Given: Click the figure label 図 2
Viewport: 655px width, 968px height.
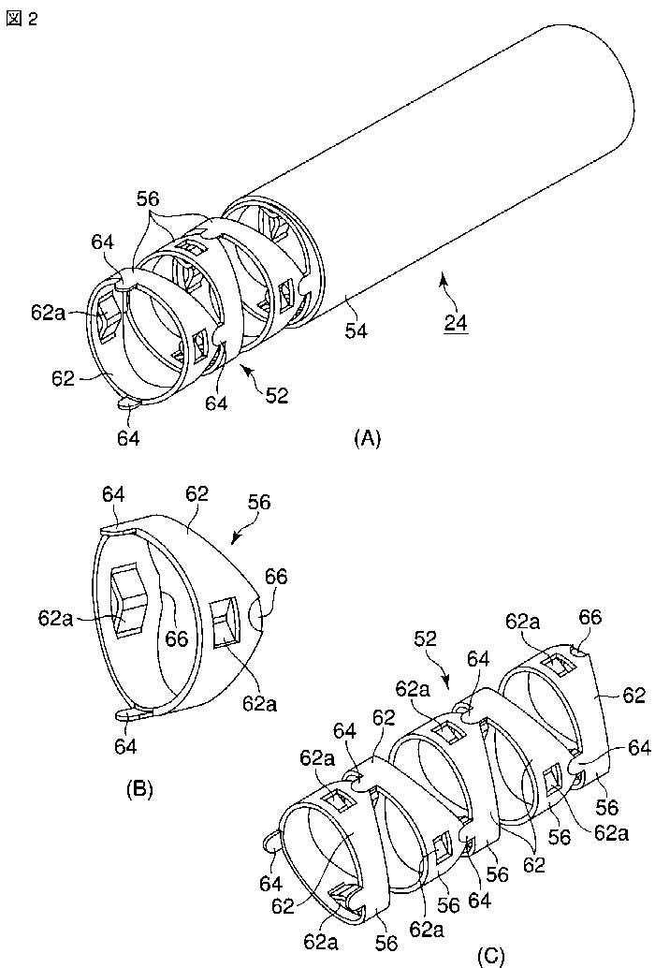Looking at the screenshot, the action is point(22,19).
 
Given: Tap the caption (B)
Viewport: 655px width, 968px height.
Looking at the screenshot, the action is point(139,789).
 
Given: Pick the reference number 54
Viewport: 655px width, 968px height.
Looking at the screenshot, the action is point(356,330).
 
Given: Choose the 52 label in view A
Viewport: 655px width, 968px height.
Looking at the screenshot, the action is point(277,395).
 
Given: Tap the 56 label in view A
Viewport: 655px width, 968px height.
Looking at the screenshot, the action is point(148,198).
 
